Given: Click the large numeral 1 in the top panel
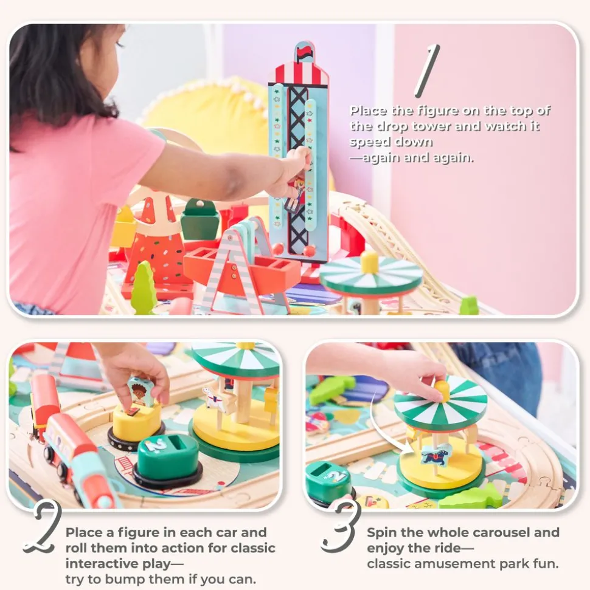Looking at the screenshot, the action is pyautogui.click(x=427, y=70).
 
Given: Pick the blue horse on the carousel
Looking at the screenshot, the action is pyautogui.click(x=434, y=456).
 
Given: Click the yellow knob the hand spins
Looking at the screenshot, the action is pyautogui.click(x=442, y=389).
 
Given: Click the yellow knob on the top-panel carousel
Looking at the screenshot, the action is pyautogui.click(x=369, y=262).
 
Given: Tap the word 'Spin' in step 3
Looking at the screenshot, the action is pyautogui.click(x=381, y=533).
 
